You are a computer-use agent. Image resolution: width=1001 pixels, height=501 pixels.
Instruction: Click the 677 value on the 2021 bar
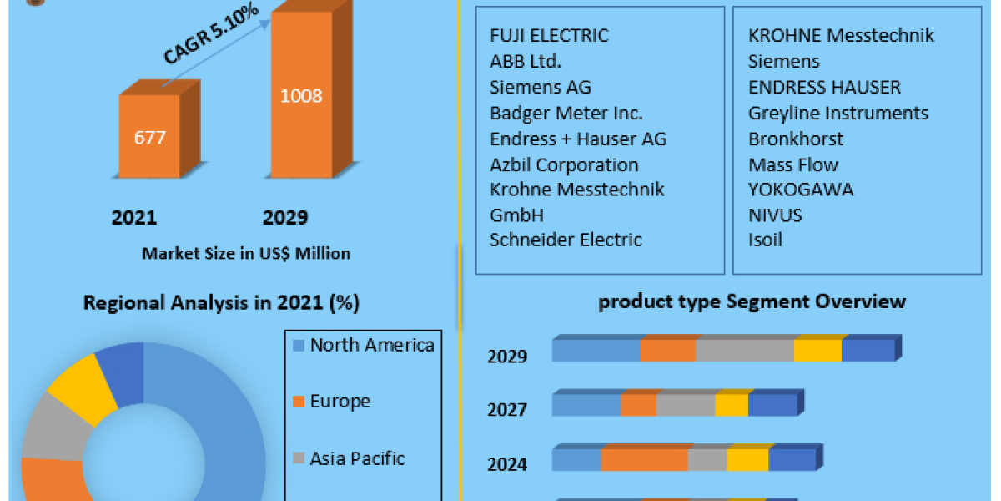pos(150,138)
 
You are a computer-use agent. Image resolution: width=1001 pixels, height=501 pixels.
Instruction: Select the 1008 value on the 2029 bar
pos(301,96)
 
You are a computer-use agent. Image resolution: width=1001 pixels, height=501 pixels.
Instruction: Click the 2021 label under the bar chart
pos(134,218)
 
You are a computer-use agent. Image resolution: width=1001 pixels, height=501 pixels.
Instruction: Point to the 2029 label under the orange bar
pos(285,218)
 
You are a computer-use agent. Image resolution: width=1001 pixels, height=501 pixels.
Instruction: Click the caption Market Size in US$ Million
pos(246,253)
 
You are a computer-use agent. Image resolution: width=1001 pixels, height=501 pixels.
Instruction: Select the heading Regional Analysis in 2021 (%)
pos(221,303)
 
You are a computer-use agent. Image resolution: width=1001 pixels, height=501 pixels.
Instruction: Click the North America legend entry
pos(371,345)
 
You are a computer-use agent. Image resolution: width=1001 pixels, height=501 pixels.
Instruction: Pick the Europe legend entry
pos(340,402)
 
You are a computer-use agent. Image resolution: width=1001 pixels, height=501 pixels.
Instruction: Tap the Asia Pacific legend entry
pos(356,458)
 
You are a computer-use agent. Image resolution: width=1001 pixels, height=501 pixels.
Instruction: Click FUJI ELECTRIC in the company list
pos(550,35)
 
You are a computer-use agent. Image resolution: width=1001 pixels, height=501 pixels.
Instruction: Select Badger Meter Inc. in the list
pos(566,113)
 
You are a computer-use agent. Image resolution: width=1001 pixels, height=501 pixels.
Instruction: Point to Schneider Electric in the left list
pos(566,240)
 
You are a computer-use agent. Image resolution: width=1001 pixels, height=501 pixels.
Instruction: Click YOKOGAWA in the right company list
pos(801,190)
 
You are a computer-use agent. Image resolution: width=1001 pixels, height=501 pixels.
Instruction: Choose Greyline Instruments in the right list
pos(838,113)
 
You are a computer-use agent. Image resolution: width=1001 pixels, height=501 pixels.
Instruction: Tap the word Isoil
pos(766,240)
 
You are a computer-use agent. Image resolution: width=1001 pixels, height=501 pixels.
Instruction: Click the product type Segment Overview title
pos(752,301)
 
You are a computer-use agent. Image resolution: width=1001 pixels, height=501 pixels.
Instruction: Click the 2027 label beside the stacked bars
pos(507,410)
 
